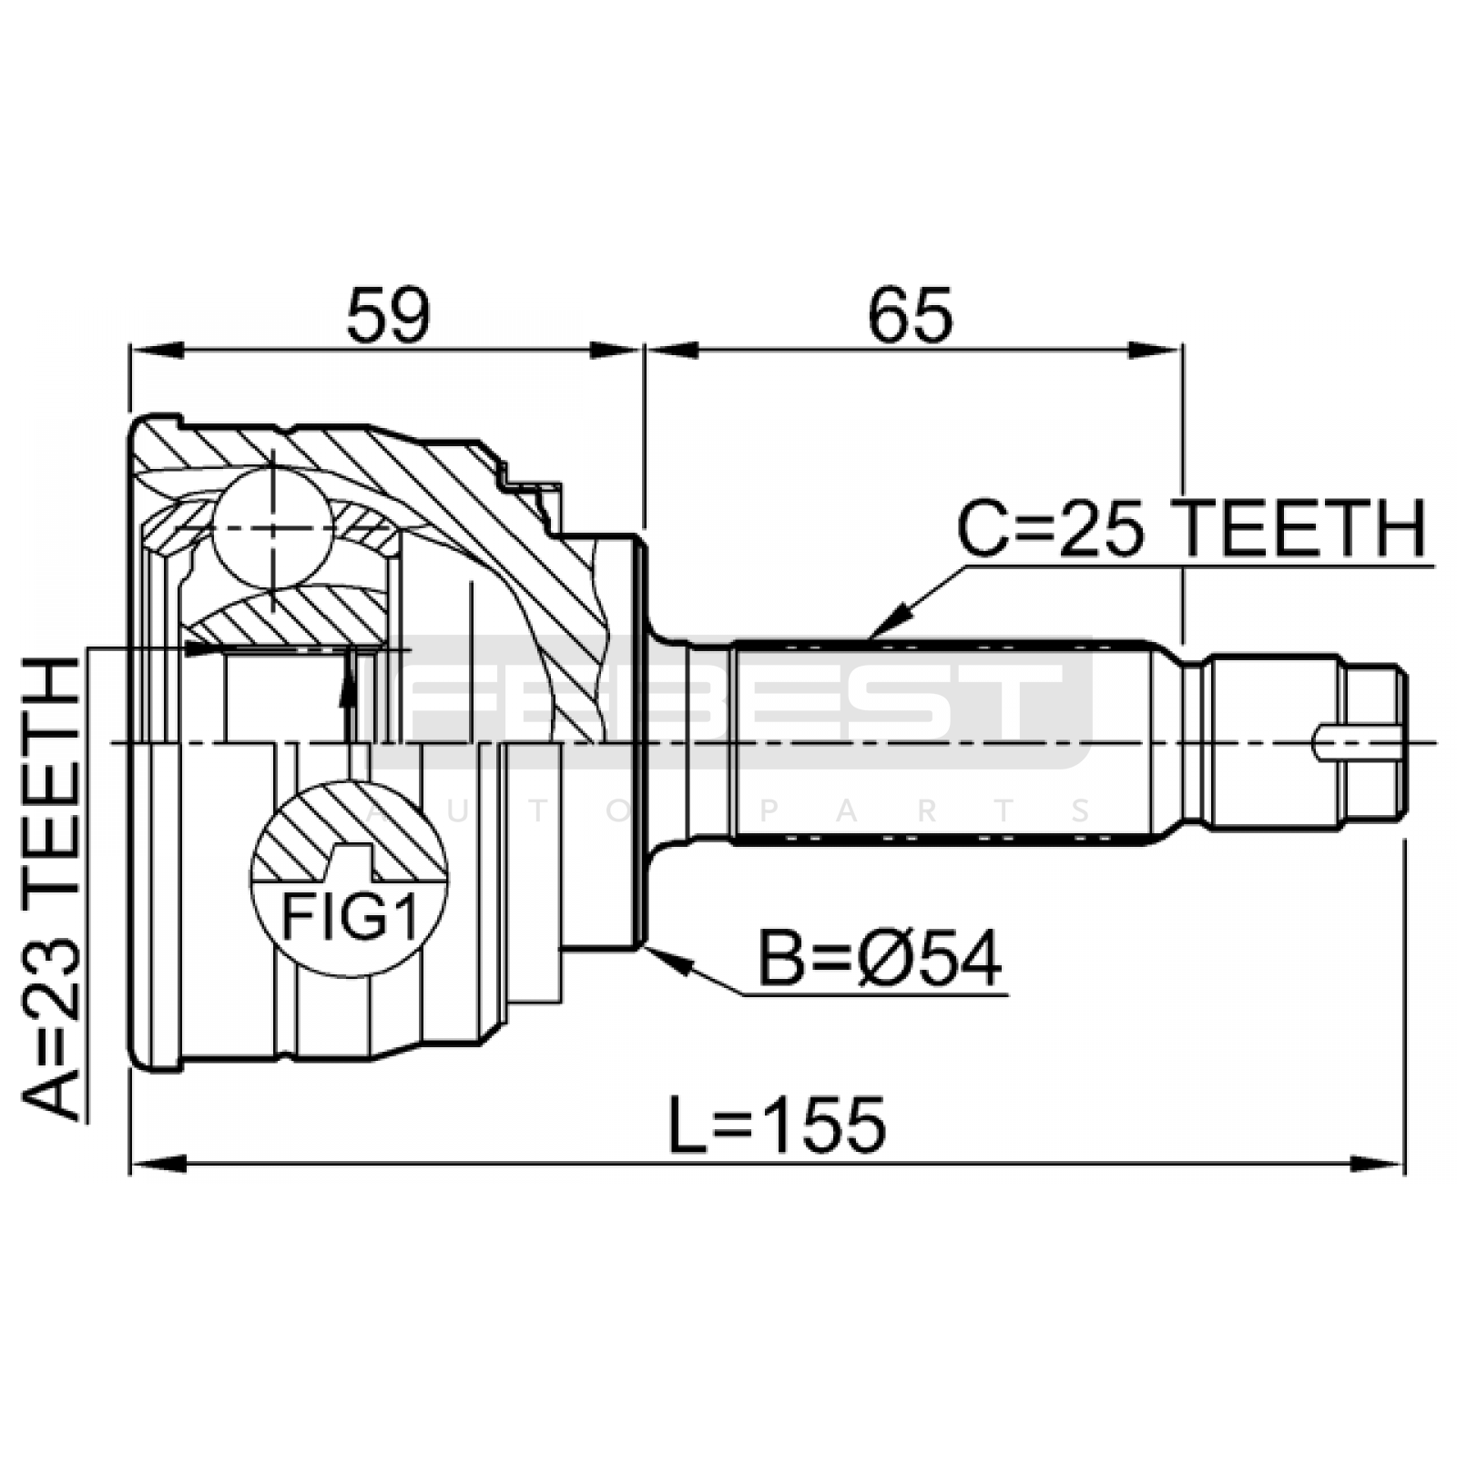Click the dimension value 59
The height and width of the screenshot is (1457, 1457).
[x=387, y=314]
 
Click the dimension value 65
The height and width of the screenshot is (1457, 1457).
[x=910, y=314]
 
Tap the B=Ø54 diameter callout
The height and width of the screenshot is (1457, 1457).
[x=880, y=959]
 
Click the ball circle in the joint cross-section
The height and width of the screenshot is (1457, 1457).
[x=272, y=528]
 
